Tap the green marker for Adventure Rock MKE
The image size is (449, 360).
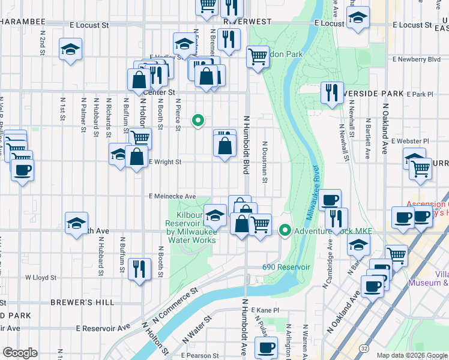coord(286,230)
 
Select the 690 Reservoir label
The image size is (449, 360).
coord(286,267)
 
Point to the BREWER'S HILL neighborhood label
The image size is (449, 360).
coord(82,302)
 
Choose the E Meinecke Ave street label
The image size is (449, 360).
coord(173,196)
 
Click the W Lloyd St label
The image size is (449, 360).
coord(40,278)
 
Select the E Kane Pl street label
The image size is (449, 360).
coord(266,310)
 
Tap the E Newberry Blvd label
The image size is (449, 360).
coord(416,59)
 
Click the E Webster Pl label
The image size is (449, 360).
coord(409,142)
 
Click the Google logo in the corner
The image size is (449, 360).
coord(20,353)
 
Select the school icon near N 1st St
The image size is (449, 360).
coord(70,50)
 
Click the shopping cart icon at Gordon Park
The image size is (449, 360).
coord(258,57)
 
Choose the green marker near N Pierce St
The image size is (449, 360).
coord(197,121)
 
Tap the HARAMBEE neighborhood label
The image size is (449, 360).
coord(23,21)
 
